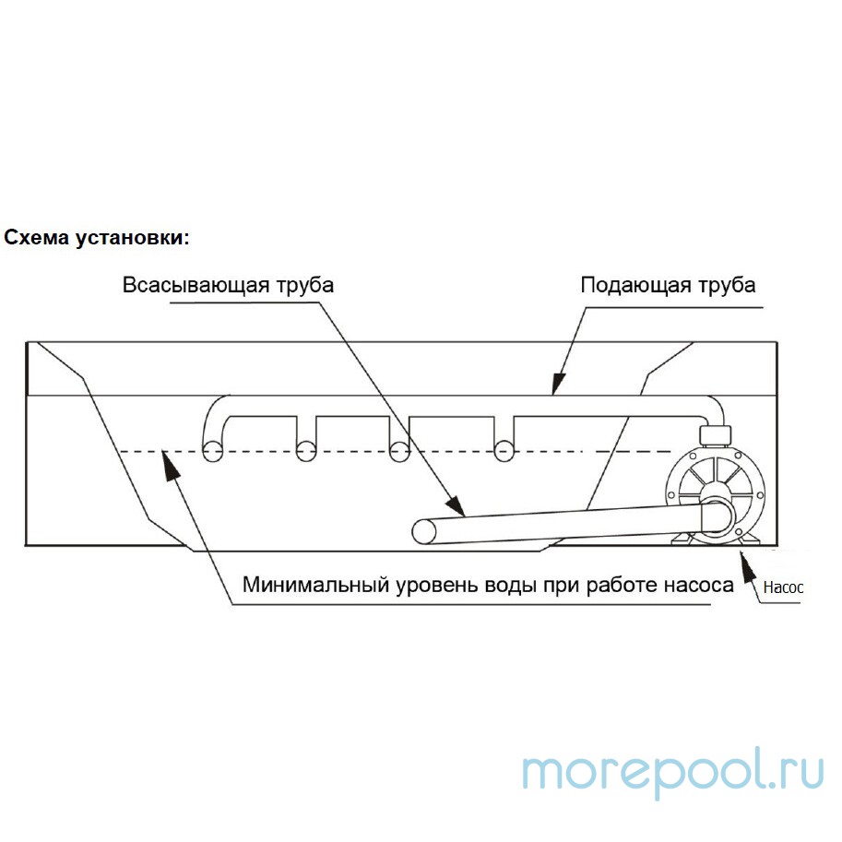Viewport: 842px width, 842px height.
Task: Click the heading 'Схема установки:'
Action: (x=97, y=238)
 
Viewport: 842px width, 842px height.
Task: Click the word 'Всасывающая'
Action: (x=196, y=285)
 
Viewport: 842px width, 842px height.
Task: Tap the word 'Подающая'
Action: (x=635, y=285)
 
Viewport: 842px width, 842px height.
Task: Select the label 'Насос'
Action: (x=783, y=587)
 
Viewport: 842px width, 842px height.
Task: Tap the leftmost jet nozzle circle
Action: (x=213, y=451)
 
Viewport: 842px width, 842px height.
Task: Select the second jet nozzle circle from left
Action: (x=306, y=451)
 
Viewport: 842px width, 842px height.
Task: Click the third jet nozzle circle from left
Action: (x=399, y=451)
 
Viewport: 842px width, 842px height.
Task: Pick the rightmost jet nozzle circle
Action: (x=504, y=451)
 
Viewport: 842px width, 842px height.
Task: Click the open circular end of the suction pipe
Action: (x=423, y=531)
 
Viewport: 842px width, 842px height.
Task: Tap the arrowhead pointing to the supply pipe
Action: (x=559, y=384)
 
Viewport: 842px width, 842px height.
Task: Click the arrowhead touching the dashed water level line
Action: (x=171, y=464)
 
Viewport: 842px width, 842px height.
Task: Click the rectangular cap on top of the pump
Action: (x=715, y=435)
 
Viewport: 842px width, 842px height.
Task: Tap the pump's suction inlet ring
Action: (x=717, y=516)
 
